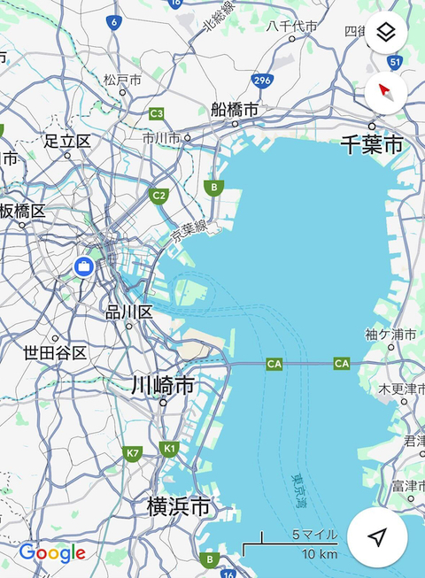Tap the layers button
pyautogui.click(x=386, y=34)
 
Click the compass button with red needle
pyautogui.click(x=386, y=90)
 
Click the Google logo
pyautogui.click(x=52, y=553)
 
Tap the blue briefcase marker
pyautogui.click(x=83, y=266)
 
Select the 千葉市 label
pyautogui.click(x=372, y=145)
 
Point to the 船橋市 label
pyautogui.click(x=236, y=110)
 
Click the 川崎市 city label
pyautogui.click(x=163, y=386)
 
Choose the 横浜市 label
pyautogui.click(x=179, y=507)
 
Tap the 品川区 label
pyautogui.click(x=129, y=312)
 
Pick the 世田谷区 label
pyautogui.click(x=55, y=353)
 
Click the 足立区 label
pyautogui.click(x=67, y=142)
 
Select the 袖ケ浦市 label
pyautogui.click(x=390, y=334)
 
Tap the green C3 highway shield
pyautogui.click(x=157, y=113)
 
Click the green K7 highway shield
pyautogui.click(x=133, y=453)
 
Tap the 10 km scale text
pyautogui.click(x=318, y=554)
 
